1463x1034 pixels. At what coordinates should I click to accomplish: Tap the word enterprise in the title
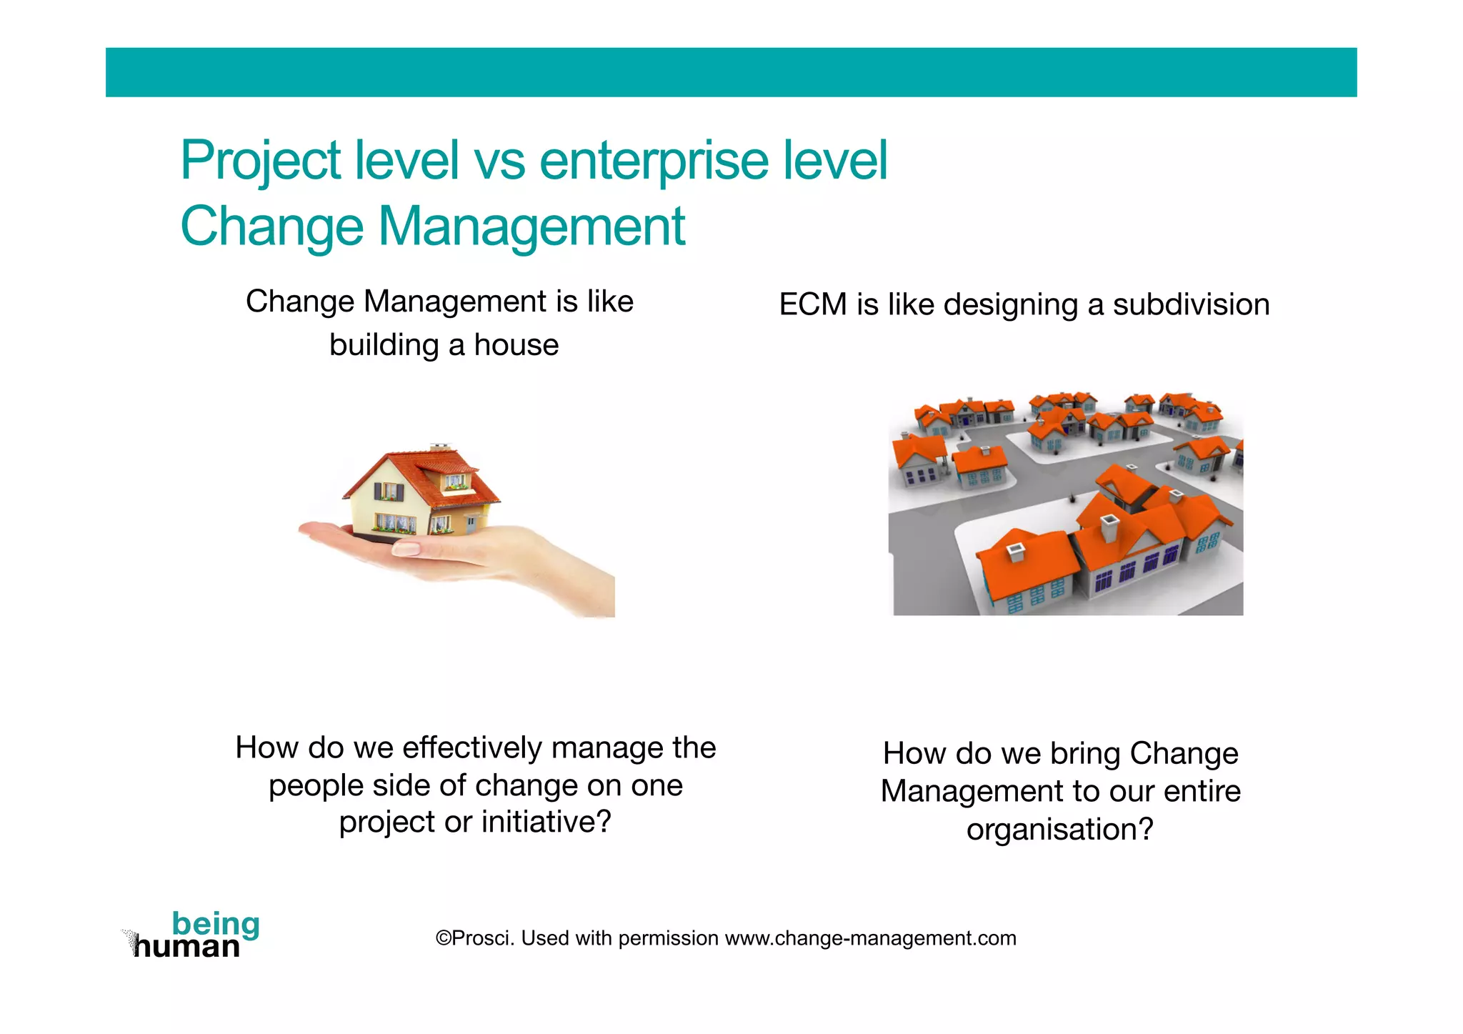(x=653, y=161)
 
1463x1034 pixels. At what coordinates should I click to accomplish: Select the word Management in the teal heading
(x=531, y=227)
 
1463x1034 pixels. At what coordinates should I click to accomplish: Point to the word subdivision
(x=1191, y=305)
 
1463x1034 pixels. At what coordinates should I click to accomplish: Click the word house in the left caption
(x=516, y=345)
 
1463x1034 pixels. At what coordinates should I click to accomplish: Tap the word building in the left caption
(x=384, y=345)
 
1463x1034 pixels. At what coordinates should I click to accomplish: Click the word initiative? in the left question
(x=546, y=822)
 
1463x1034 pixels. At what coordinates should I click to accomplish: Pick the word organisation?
(x=1059, y=830)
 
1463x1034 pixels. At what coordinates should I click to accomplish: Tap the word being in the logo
(x=215, y=924)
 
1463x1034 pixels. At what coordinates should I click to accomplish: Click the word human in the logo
(x=187, y=948)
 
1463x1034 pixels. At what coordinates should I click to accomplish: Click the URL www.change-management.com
(x=870, y=938)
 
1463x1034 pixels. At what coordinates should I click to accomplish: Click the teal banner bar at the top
(x=731, y=72)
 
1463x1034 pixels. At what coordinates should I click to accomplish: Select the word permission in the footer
(x=668, y=938)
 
